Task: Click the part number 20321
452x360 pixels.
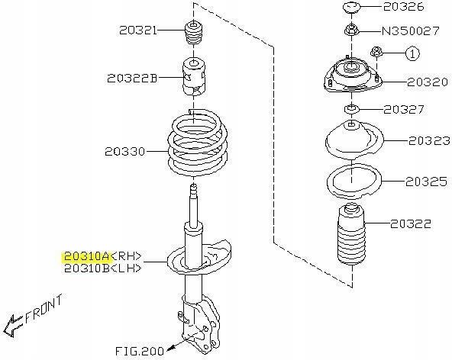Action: [x=138, y=30]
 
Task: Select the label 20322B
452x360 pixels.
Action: [x=132, y=78]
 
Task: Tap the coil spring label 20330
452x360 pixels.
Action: [x=124, y=151]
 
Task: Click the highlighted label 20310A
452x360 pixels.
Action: [x=86, y=256]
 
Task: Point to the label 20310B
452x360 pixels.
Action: [x=86, y=268]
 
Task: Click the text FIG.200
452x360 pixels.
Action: [x=140, y=351]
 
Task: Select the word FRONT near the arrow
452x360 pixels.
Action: [x=44, y=308]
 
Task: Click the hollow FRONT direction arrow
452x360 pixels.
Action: [x=12, y=326]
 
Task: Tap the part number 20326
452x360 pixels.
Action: [x=404, y=7]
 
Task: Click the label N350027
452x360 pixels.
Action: [x=411, y=31]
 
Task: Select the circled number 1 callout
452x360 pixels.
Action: [x=412, y=53]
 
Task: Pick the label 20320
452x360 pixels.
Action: [x=428, y=82]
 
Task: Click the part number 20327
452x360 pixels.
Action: [x=404, y=109]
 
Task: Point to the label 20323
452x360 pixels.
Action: [x=429, y=140]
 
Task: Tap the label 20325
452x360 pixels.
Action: [x=426, y=182]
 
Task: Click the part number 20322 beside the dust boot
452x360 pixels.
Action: [x=411, y=223]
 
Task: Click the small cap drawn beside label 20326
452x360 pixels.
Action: [x=351, y=7]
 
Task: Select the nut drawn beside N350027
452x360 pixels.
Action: [x=351, y=30]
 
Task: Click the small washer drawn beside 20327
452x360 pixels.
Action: [x=351, y=109]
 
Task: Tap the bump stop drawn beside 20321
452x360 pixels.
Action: [x=194, y=33]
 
